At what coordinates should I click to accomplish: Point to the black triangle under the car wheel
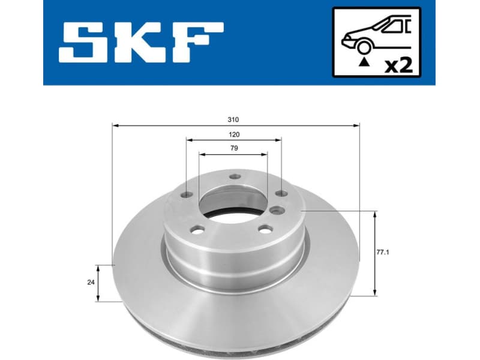tap(362, 60)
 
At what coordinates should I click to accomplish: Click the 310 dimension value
tap(234, 119)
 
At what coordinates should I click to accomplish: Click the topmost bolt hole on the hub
tap(236, 177)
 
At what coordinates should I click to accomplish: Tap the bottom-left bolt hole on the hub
tap(197, 229)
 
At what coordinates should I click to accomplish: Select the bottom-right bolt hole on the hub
tap(264, 228)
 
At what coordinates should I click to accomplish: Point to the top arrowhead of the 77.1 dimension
tap(376, 214)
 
